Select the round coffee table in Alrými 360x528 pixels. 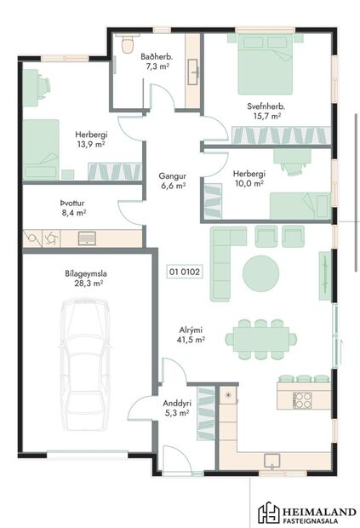(x=260, y=273)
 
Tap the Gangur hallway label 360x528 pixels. (x=174, y=177)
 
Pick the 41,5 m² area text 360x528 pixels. (x=191, y=340)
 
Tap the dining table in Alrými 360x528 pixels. (x=261, y=339)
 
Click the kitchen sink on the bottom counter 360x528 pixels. (x=272, y=461)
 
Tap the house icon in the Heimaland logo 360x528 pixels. (x=270, y=513)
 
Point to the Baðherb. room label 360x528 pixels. (x=158, y=56)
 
